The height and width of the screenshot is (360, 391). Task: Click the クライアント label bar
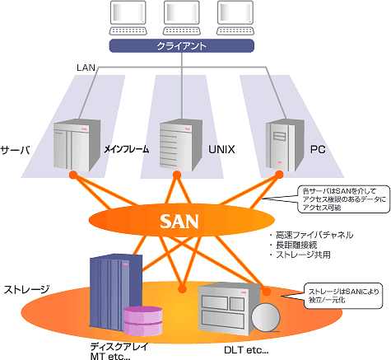[182, 45]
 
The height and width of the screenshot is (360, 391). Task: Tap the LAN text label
[86, 68]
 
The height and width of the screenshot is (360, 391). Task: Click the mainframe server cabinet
[77, 145]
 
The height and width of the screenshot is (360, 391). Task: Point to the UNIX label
[221, 149]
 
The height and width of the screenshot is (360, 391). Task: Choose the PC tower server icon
[285, 145]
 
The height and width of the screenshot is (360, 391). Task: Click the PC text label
[318, 149]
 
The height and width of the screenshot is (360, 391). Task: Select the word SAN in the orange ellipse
[179, 222]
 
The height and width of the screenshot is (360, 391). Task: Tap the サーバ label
[15, 150]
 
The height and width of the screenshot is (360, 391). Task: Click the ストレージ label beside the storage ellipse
[26, 289]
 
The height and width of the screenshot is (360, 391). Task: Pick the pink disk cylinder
[142, 321]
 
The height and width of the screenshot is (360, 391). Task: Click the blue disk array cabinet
[116, 291]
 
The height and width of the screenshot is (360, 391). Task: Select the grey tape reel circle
[266, 316]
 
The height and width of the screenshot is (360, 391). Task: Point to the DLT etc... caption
[246, 350]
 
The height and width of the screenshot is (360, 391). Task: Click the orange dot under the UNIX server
[177, 175]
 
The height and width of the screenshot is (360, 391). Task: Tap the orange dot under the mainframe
[73, 175]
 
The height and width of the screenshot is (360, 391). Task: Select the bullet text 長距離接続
[296, 245]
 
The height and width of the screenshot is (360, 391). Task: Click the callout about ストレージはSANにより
[343, 296]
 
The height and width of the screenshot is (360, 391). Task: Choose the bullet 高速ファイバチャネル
[314, 235]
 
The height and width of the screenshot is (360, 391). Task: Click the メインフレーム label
[127, 149]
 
